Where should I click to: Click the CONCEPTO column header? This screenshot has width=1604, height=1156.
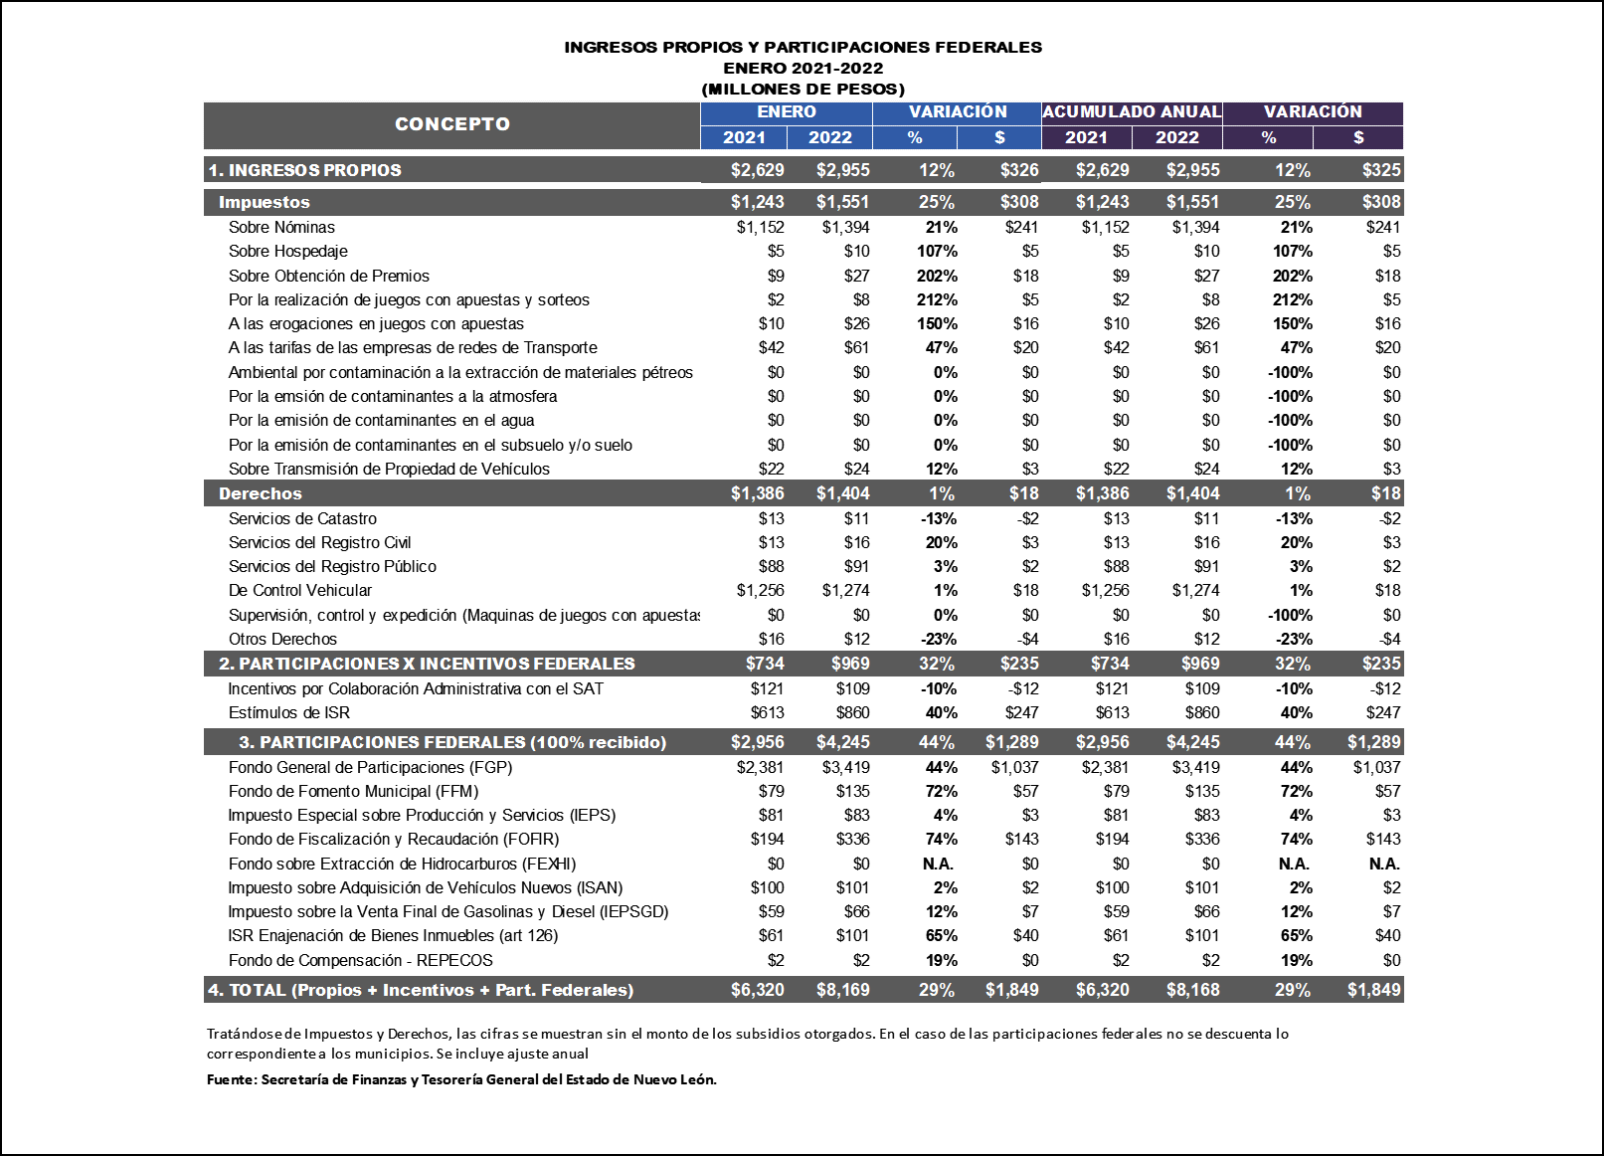pos(451,124)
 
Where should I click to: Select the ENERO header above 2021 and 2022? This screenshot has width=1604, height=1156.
pos(786,112)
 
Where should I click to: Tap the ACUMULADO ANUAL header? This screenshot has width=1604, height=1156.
pos(1132,112)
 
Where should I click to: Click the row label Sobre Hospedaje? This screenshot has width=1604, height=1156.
pos(287,252)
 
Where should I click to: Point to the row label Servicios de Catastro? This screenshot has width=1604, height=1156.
pos(302,518)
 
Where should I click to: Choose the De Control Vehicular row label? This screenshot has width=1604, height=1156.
pos(299,591)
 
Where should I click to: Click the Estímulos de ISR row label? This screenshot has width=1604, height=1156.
pos(288,712)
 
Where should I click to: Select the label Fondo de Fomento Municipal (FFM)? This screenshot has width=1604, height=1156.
pos(353,792)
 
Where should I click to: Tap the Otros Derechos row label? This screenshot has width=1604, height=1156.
pos(282,639)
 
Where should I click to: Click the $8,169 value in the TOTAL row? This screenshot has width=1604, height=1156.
pos(842,990)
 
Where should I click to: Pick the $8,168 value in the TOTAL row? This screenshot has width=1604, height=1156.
pos(1192,990)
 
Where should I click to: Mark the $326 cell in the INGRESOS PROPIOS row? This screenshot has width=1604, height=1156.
pos(1019,170)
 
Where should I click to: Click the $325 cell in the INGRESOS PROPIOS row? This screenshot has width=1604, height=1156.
pos(1381,170)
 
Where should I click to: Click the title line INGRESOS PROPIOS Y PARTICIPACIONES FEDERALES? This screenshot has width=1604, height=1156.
pos(802,47)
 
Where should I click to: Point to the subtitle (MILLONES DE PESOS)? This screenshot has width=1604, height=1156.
pos(802,90)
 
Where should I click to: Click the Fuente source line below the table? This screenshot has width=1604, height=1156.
pos(461,1079)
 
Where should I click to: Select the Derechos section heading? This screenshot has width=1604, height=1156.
pos(260,493)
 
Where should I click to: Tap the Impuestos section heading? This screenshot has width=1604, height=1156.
pos(264,202)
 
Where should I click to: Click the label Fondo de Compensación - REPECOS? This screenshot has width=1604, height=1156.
pos(360,960)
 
